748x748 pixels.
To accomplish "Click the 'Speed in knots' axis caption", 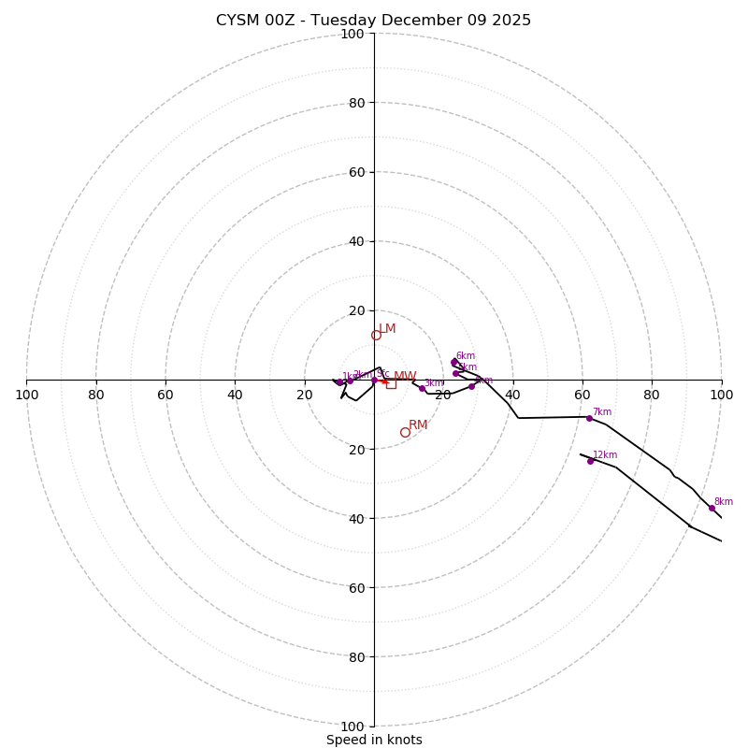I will pos(374,740).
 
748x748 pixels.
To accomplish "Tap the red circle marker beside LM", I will pos(376,335).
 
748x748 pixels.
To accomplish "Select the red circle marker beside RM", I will pos(405,432).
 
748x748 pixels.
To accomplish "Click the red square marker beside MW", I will pos(391,383).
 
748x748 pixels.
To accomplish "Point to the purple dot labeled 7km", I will pos(589,418).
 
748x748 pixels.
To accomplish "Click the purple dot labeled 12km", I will pos(590,461).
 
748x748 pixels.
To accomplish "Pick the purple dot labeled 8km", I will pos(712,508).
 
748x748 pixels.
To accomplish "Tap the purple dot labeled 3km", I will pos(422,388).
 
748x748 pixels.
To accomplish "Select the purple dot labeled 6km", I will pos(454,362).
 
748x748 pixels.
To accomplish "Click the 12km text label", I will pos(605,455).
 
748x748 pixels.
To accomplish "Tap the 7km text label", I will pos(602,412).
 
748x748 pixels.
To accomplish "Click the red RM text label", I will pos(418,425).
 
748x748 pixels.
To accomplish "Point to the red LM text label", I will pos(387,329).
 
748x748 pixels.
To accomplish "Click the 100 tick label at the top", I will pos(352,34).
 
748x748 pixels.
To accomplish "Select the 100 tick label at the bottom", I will pos(352,726).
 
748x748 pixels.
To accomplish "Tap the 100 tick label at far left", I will pos(26,395).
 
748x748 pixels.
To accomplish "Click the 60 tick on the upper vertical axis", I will pos(356,172).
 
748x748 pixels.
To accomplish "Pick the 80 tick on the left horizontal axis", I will pos(96,395).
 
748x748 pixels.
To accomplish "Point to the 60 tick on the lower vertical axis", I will pos(356,588).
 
